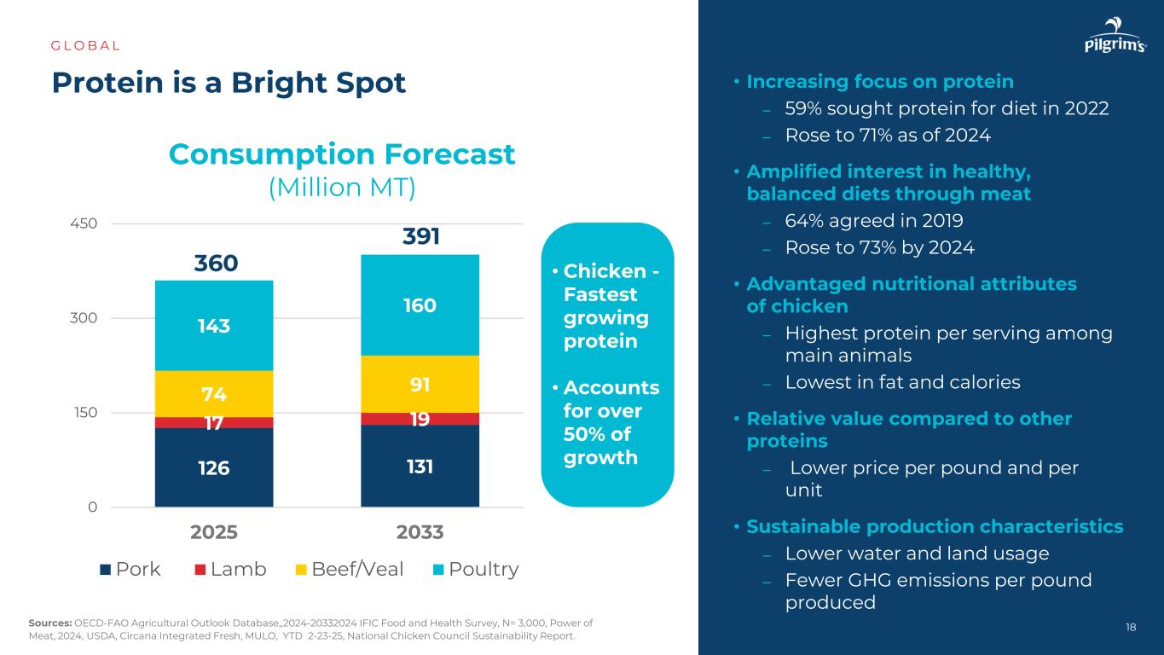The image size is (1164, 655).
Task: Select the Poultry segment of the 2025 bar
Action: coord(213,325)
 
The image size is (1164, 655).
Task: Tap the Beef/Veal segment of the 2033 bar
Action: coord(419,384)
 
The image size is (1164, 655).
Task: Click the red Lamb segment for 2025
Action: coord(213,422)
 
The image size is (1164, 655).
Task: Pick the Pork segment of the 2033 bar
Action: coord(419,466)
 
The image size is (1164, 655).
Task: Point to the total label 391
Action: coord(420,236)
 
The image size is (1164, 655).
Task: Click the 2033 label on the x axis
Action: coord(420,532)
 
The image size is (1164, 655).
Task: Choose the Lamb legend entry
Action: coord(230,569)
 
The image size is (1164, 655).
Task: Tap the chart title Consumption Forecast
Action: coord(342,154)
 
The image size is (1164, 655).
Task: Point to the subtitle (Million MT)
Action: coord(342,188)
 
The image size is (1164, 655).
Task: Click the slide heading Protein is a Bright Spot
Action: coord(229,82)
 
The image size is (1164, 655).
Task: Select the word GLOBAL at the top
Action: coord(86,45)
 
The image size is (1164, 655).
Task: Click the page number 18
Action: coord(1131,628)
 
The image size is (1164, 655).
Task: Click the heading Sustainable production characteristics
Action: coord(935,526)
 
